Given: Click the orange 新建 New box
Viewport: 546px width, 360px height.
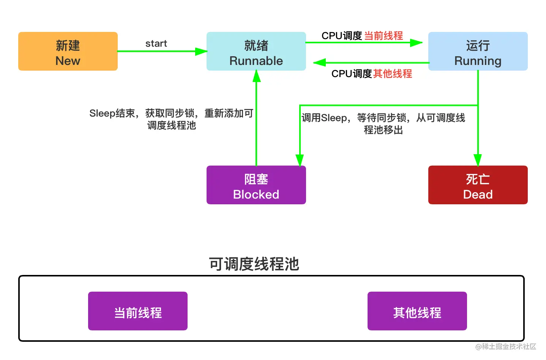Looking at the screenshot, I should coord(68,51).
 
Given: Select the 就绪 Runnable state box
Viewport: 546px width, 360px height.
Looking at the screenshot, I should coord(256,51).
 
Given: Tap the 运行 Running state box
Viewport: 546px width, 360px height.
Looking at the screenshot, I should coord(478,51).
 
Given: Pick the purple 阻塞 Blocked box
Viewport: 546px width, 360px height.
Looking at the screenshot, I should coord(256,185).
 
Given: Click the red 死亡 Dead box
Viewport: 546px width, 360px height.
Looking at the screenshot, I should coord(478,185).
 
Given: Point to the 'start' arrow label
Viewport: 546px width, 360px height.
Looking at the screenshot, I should coord(156,43).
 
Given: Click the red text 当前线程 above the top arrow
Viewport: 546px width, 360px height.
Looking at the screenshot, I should coord(383,36).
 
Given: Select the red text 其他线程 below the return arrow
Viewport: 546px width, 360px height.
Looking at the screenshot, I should coord(392,74).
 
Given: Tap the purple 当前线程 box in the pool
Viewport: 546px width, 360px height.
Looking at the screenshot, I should coord(138,311).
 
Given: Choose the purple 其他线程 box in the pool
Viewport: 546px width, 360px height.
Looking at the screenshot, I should coord(417,311).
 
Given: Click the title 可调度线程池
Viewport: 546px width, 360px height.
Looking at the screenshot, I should coord(254,264).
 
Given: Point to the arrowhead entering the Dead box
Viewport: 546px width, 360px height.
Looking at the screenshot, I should coord(478,159).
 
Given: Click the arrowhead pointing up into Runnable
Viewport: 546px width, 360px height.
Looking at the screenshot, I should coord(257,76).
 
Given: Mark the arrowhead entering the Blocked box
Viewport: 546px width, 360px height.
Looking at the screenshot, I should coord(300,159).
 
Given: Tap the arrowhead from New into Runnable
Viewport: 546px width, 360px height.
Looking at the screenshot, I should coord(201,51).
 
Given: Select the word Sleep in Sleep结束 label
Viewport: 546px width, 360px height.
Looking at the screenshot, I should coord(102,113).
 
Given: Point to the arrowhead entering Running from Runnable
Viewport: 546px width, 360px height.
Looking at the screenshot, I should coord(416,43).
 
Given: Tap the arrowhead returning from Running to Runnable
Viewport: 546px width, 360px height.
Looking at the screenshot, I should coord(320,63).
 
